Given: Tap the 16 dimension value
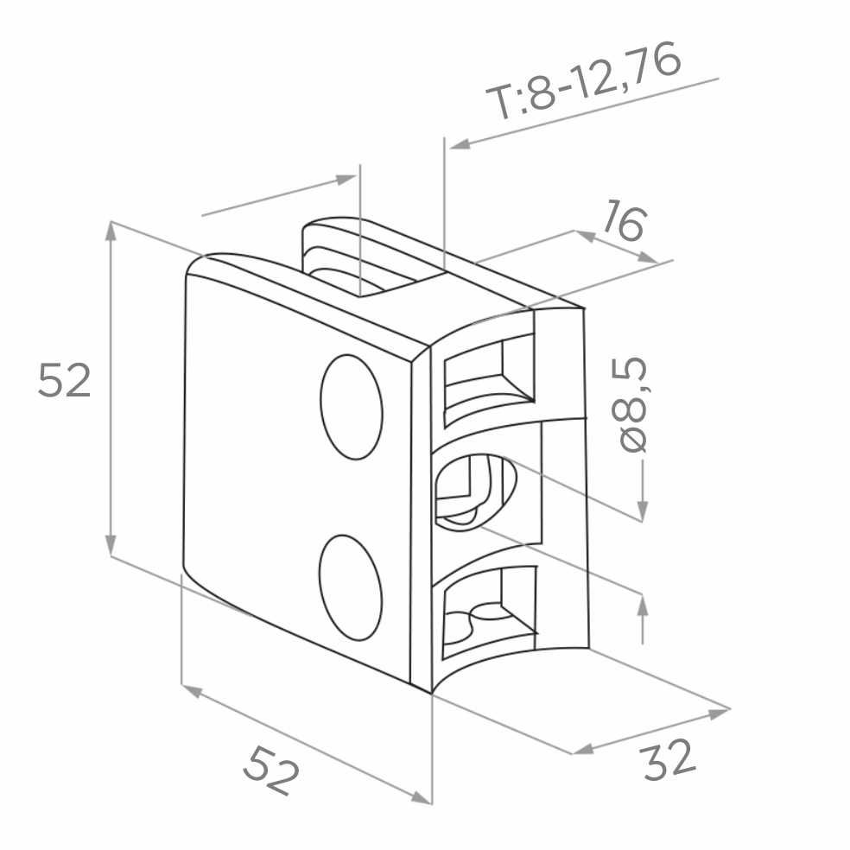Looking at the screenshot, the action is (626, 219).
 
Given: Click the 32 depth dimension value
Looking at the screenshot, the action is (668, 759).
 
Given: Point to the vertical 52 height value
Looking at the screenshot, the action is (64, 380).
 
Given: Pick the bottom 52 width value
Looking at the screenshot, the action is (271, 770).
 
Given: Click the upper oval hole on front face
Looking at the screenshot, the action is (352, 408).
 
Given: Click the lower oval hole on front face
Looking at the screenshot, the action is (351, 587).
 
